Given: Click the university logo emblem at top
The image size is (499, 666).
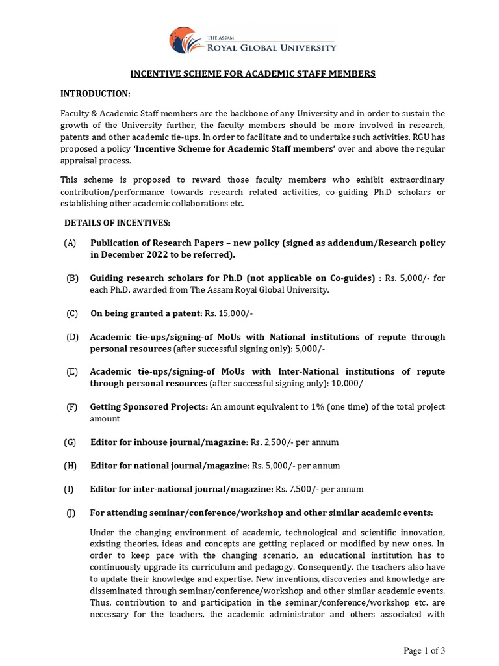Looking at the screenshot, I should click(x=185, y=40).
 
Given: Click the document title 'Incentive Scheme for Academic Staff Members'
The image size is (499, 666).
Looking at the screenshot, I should click(x=253, y=74).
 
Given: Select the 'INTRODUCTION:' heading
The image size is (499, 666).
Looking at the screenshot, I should click(x=96, y=94).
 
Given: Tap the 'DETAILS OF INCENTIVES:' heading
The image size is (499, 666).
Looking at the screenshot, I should click(x=117, y=223).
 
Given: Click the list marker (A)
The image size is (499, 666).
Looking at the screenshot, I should click(x=70, y=243).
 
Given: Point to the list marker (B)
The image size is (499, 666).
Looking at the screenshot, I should click(x=72, y=278).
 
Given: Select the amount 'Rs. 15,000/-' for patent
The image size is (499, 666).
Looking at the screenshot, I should click(x=229, y=313).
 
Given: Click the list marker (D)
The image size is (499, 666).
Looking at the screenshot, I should click(x=72, y=337).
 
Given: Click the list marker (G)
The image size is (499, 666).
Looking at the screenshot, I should click(x=70, y=442).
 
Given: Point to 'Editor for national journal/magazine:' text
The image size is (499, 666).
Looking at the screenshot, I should click(x=170, y=466).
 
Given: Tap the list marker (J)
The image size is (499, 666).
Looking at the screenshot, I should click(x=71, y=513).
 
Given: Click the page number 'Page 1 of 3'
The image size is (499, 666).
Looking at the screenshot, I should click(x=424, y=651).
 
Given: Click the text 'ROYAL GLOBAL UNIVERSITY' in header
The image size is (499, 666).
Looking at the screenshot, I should click(x=270, y=47).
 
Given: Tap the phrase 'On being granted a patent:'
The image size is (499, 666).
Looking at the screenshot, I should click(x=146, y=313).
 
